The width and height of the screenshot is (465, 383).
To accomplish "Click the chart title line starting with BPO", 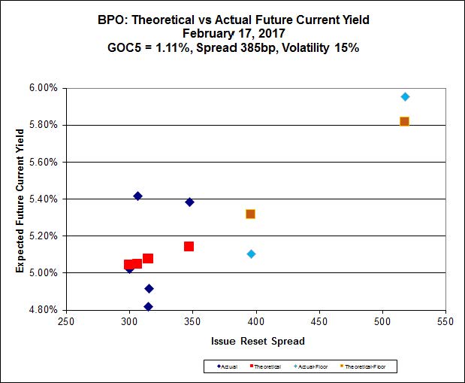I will pyautogui.click(x=232, y=20).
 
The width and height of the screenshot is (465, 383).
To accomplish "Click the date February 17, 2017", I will pyautogui.click(x=232, y=33).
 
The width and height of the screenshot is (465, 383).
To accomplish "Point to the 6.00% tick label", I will pyautogui.click(x=42, y=88).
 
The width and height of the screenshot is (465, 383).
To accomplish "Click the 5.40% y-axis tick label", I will pyautogui.click(x=42, y=199).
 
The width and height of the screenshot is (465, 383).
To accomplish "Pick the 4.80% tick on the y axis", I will pyautogui.click(x=42, y=309).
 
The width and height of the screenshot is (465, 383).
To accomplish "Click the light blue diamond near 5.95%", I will pyautogui.click(x=405, y=96).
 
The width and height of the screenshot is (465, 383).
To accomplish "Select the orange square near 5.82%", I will pyautogui.click(x=404, y=121).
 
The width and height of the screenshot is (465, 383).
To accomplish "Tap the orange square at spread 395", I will pyautogui.click(x=250, y=214).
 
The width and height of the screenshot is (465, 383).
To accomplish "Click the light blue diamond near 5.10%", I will pyautogui.click(x=251, y=254).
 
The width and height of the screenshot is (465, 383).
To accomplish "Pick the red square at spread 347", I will pyautogui.click(x=189, y=246).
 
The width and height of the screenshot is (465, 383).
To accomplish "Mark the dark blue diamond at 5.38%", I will pyautogui.click(x=189, y=202).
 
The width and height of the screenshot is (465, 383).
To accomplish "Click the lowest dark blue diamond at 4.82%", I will pyautogui.click(x=149, y=306).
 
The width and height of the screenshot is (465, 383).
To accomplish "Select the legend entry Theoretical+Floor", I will pyautogui.click(x=370, y=366).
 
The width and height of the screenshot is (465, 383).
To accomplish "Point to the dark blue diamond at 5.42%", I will pyautogui.click(x=137, y=196).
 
